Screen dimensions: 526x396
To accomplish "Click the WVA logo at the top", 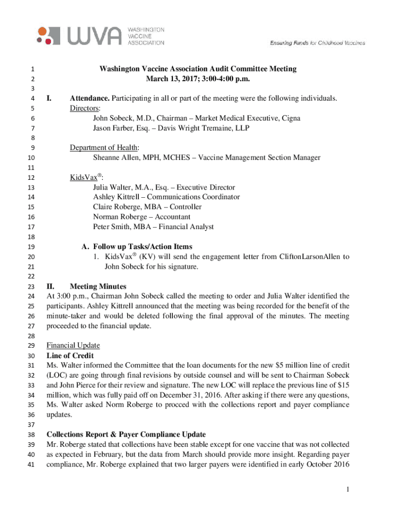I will click(101, 35).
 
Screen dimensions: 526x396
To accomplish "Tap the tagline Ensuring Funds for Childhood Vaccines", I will click(317, 43).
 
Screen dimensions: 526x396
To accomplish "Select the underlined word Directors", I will click(85, 108).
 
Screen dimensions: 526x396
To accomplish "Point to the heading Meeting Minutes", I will click(98, 286).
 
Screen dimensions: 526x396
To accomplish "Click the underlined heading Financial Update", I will click(73, 345).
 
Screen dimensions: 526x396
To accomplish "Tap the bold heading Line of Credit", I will click(70, 355).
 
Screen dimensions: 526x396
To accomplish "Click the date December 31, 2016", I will click(189, 394).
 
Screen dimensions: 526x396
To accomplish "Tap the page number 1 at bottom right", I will click(348, 490).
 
